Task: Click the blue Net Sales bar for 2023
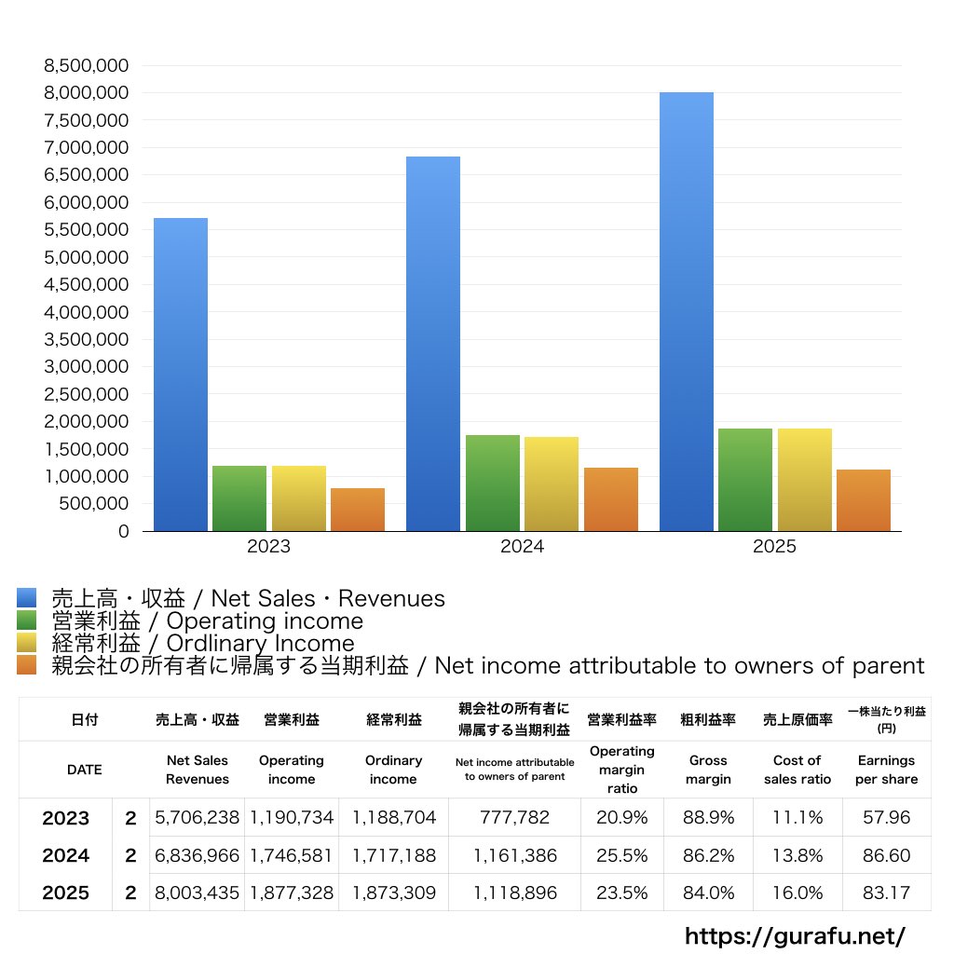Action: [181, 375]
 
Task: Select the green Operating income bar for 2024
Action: [493, 483]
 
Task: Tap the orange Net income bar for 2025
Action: [864, 500]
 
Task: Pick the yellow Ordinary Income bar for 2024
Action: [552, 484]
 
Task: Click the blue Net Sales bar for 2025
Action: [687, 312]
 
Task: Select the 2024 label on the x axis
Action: [522, 547]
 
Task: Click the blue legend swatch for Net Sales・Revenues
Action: [27, 598]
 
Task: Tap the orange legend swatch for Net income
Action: [27, 665]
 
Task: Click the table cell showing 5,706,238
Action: [198, 818]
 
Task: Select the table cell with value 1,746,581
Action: [292, 855]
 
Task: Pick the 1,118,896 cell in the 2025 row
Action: [514, 893]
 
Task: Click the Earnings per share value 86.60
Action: [886, 855]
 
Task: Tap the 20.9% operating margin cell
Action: [621, 818]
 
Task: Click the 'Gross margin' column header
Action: [708, 770]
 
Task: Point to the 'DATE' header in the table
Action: [85, 770]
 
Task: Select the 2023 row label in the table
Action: [66, 818]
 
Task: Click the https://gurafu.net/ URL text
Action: [795, 935]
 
